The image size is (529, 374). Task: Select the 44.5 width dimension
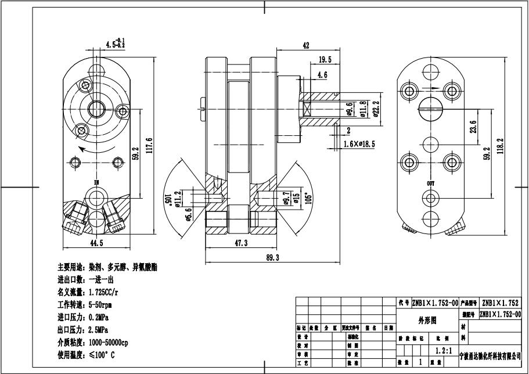coord(96,243)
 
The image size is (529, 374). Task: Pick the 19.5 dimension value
coord(325,59)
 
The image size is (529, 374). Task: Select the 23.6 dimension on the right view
coord(473,127)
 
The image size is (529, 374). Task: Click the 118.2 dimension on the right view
coord(501,147)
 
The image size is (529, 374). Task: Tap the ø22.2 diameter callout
coord(376,109)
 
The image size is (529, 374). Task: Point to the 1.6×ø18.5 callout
coord(359,143)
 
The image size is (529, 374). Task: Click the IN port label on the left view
coord(96,182)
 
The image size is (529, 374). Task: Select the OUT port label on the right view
coord(430,184)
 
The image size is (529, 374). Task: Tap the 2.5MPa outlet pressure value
coord(100,329)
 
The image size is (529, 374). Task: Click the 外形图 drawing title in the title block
coord(427,321)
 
